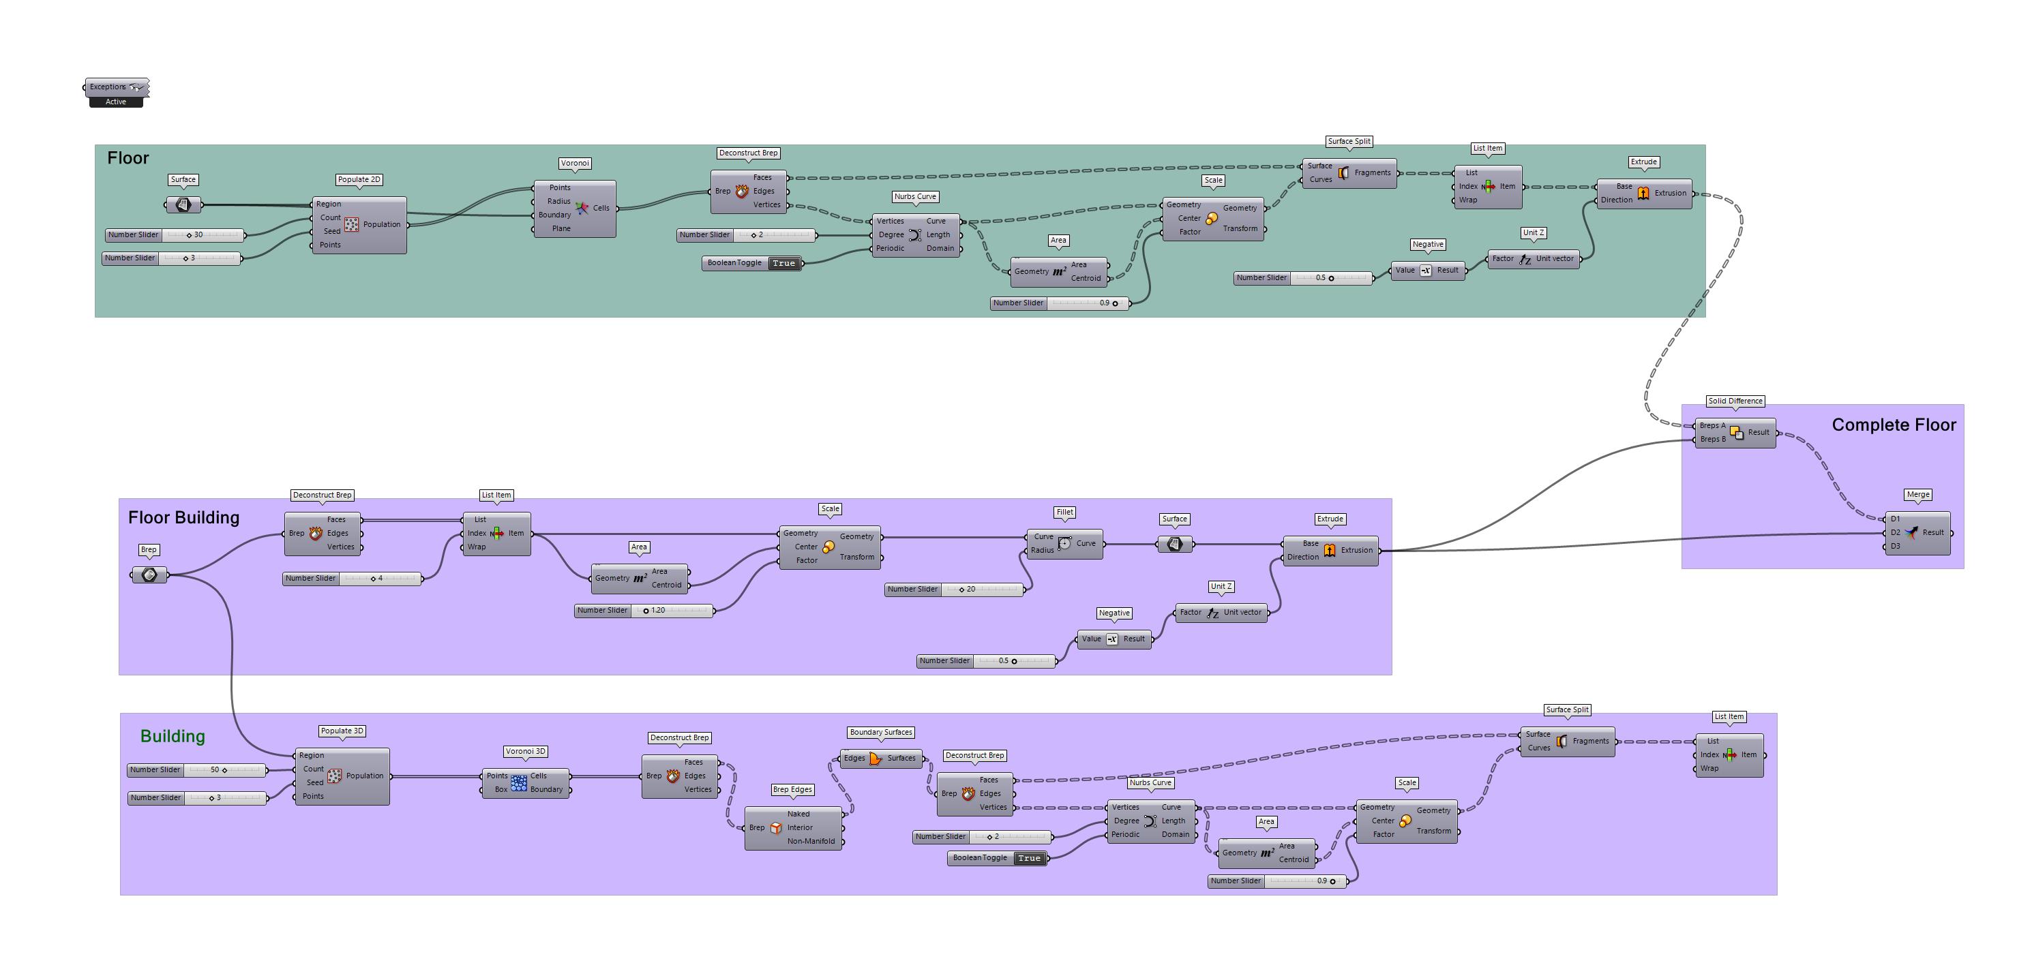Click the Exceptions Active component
tap(116, 87)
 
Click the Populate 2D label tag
tap(359, 180)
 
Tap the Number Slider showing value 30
tap(175, 235)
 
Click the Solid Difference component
tap(1735, 433)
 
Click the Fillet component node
tap(1064, 543)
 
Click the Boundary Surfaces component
tap(880, 759)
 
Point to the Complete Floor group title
tap(1893, 425)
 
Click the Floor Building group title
tap(184, 518)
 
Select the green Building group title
tap(173, 737)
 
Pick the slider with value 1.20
tap(644, 611)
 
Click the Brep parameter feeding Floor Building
tap(149, 576)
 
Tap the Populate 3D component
tap(342, 776)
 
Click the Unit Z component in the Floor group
tap(1533, 260)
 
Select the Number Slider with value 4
tap(352, 579)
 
